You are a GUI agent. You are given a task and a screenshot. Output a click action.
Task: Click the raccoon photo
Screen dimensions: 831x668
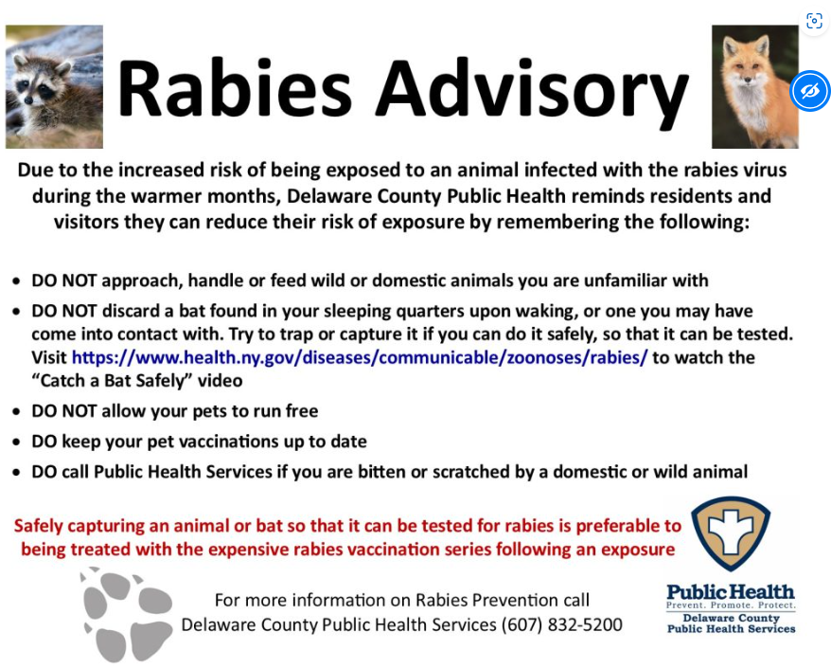54,86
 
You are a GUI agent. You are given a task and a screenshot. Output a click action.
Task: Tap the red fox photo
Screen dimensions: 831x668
754,86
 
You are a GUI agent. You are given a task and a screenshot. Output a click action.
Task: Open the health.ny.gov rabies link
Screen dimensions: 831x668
360,357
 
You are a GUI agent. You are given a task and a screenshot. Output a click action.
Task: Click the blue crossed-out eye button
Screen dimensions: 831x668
809,91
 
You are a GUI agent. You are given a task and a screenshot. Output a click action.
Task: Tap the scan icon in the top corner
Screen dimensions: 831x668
814,21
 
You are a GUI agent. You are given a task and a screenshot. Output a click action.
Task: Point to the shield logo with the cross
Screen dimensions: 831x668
731,533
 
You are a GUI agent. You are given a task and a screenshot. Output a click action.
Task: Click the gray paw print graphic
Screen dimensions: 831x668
126,614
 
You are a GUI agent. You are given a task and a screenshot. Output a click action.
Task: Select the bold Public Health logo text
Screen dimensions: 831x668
731,591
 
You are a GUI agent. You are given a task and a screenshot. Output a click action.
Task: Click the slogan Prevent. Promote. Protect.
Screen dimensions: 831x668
731,605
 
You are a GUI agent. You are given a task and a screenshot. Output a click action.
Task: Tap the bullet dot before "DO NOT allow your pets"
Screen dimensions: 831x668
17,412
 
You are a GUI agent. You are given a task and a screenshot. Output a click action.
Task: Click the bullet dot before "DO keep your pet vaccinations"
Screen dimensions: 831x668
17,442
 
